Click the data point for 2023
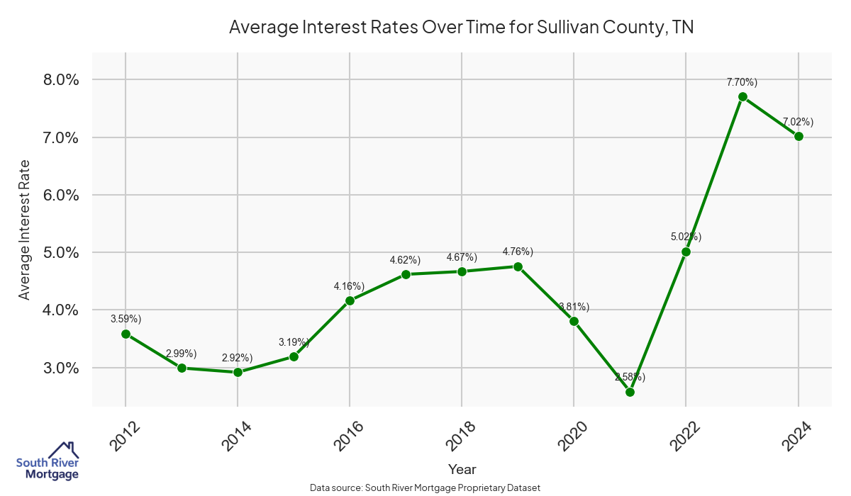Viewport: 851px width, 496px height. coord(742,96)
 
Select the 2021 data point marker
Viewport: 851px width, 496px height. coord(630,392)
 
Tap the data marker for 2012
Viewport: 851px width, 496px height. coord(126,334)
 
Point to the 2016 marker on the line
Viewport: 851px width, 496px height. coord(350,300)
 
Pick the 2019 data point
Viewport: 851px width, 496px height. coord(518,266)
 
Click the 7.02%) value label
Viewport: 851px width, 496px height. coord(798,121)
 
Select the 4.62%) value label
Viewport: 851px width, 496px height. coord(405,260)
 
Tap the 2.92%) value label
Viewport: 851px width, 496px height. coord(237,358)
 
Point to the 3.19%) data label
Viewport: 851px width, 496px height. coord(294,342)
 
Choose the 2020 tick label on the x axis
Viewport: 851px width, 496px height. coord(574,436)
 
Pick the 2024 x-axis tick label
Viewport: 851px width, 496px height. coord(798,436)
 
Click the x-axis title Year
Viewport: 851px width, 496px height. coord(462,469)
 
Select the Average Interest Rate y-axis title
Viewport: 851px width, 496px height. coord(25,230)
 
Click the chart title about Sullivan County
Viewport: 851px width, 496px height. coord(461,28)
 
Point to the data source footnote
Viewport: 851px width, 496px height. coord(425,487)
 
